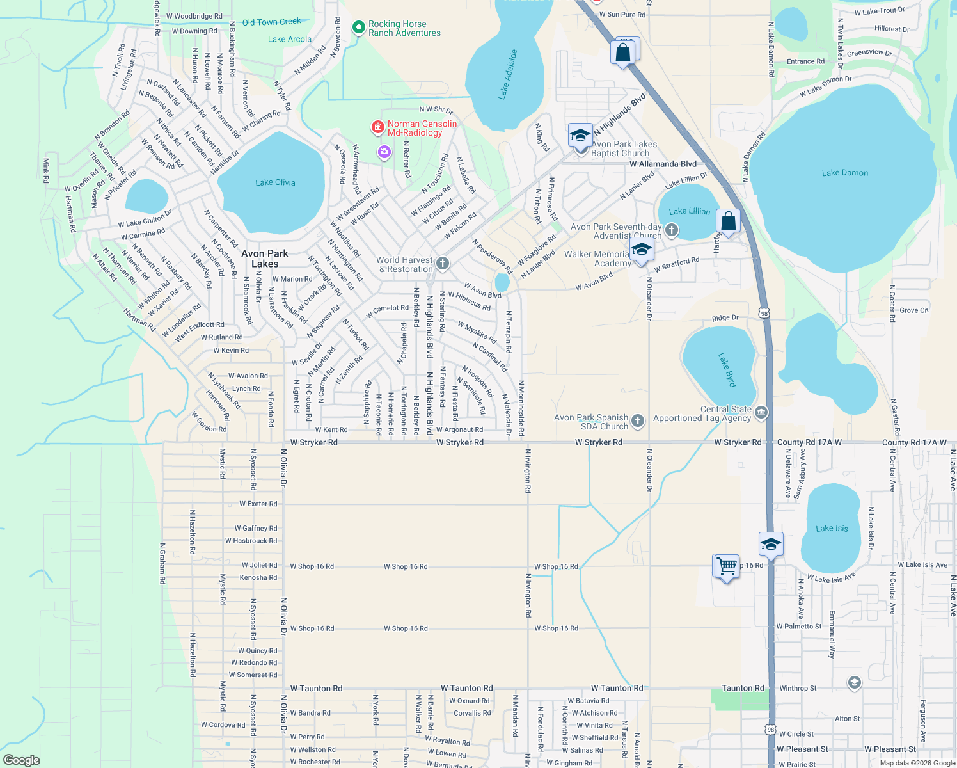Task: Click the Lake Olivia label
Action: [x=275, y=182]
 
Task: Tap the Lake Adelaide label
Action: [x=508, y=74]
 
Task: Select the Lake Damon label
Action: [x=844, y=173]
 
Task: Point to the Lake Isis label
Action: [x=832, y=528]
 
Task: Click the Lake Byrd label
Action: [x=727, y=370]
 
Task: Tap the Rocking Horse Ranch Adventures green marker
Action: [x=359, y=28]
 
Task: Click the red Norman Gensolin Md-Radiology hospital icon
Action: [x=378, y=128]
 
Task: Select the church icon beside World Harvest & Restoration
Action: [x=442, y=264]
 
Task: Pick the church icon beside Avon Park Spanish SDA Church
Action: [x=638, y=420]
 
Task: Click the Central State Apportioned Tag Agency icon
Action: [x=761, y=413]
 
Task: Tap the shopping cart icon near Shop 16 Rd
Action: [x=726, y=566]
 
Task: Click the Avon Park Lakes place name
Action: [x=265, y=259]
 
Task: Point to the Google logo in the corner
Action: [x=22, y=760]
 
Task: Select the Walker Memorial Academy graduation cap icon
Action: [x=642, y=250]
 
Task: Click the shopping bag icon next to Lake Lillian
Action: [x=728, y=221]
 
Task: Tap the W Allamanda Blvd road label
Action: [x=663, y=164]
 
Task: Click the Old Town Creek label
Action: [x=271, y=22]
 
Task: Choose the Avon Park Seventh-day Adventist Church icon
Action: [x=671, y=230]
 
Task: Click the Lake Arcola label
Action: [x=289, y=39]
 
